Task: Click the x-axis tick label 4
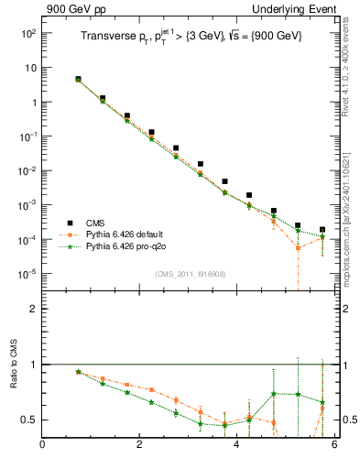point(236,446)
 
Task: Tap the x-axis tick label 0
point(42,446)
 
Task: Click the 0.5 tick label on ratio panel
point(27,420)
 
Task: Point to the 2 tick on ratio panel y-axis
point(33,309)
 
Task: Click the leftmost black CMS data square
point(78,80)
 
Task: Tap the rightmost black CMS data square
point(322,230)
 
